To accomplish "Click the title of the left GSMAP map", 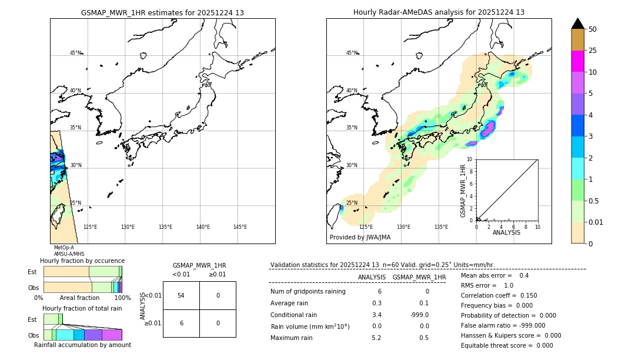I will (162, 12).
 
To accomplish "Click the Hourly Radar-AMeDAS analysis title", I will (439, 12).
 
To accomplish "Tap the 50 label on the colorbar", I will (593, 29).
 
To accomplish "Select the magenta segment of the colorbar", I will (577, 61).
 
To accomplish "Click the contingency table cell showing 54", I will (181, 295).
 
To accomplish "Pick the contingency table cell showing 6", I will (181, 323).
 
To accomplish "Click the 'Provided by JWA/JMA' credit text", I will (360, 238).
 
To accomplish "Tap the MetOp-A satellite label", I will (64, 248).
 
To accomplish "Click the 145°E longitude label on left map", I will (240, 227).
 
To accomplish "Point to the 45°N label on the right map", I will (352, 53).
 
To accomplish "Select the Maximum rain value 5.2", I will (376, 338).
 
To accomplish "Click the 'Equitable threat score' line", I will (507, 345).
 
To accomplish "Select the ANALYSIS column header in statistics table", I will (372, 277).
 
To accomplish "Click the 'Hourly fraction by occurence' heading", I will (82, 261).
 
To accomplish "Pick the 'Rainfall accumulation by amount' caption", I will (82, 345).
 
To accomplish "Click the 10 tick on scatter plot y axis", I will (470, 159).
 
